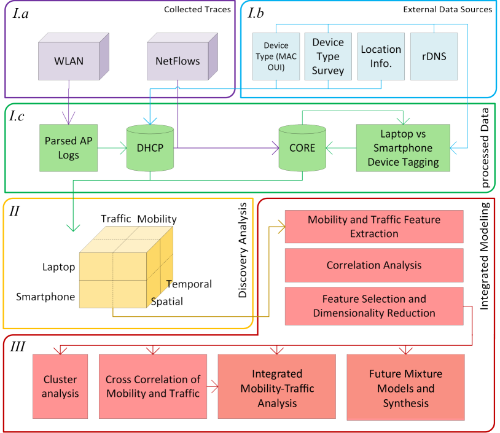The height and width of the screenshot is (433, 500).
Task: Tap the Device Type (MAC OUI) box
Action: pyautogui.click(x=276, y=57)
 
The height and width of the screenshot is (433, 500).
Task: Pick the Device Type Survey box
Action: pyautogui.click(x=328, y=57)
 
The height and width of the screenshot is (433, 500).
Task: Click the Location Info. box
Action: pyautogui.click(x=381, y=57)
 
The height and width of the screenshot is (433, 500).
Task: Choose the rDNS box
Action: pyautogui.click(x=434, y=57)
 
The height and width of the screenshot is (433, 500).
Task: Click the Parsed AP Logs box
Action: pyautogui.click(x=69, y=148)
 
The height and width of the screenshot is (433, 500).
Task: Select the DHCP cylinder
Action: pyautogui.click(x=150, y=148)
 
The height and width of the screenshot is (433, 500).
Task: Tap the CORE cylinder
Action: pyautogui.click(x=302, y=148)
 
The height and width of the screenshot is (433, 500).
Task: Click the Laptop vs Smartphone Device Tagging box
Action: pyautogui.click(x=403, y=148)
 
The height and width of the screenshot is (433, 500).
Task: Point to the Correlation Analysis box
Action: pyautogui.click(x=374, y=265)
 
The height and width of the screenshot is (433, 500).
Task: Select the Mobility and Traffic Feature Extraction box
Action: pyautogui.click(x=374, y=227)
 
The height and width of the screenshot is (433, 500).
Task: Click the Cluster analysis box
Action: pyautogui.click(x=60, y=386)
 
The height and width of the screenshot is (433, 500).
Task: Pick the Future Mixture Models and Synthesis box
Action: pyautogui.click(x=405, y=388)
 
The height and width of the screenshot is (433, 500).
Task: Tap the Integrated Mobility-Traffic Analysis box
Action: pyautogui.click(x=277, y=386)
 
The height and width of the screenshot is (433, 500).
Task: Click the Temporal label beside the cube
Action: pyautogui.click(x=189, y=284)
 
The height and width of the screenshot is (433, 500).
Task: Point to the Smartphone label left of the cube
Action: pyautogui.click(x=45, y=297)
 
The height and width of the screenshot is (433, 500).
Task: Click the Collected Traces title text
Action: pyautogui.click(x=197, y=10)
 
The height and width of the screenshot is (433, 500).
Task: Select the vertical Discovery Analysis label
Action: pyautogui.click(x=243, y=251)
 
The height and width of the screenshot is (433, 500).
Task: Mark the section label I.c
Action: pyautogui.click(x=17, y=115)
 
